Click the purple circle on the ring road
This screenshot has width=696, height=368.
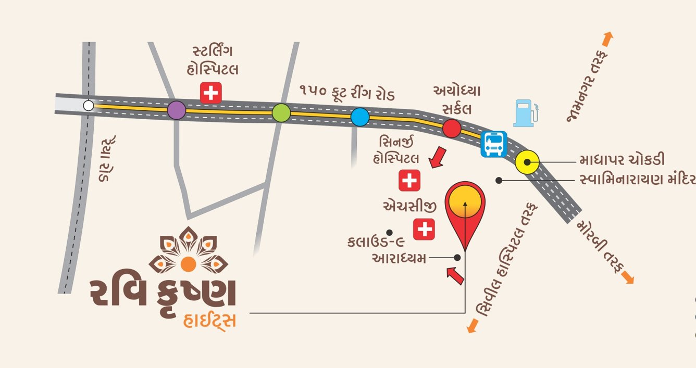[177, 110]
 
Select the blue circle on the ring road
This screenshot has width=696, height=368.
[359, 117]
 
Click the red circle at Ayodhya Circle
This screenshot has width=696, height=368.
[451, 128]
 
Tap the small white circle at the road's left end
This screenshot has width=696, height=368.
[89, 106]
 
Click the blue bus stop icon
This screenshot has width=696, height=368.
[493, 144]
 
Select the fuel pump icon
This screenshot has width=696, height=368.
[525, 113]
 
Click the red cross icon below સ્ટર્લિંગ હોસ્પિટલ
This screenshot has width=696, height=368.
[211, 93]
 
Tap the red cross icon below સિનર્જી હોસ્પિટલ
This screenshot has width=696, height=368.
[409, 181]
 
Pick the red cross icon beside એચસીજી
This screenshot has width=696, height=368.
[424, 229]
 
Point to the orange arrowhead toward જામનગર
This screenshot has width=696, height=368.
[607, 38]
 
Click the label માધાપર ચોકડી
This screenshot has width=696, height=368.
[622, 160]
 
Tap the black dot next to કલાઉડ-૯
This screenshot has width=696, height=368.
[388, 232]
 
